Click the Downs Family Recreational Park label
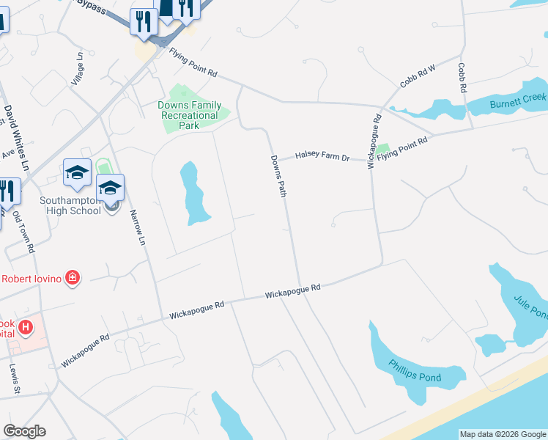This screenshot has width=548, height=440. (189, 115)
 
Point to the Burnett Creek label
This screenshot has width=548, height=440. (519, 97)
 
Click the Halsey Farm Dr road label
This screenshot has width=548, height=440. (323, 155)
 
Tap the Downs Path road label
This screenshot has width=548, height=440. (278, 175)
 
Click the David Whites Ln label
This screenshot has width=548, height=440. (15, 138)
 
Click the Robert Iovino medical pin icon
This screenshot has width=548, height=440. (73, 277)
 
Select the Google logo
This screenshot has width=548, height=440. (24, 431)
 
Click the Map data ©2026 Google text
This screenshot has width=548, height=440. (502, 434)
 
